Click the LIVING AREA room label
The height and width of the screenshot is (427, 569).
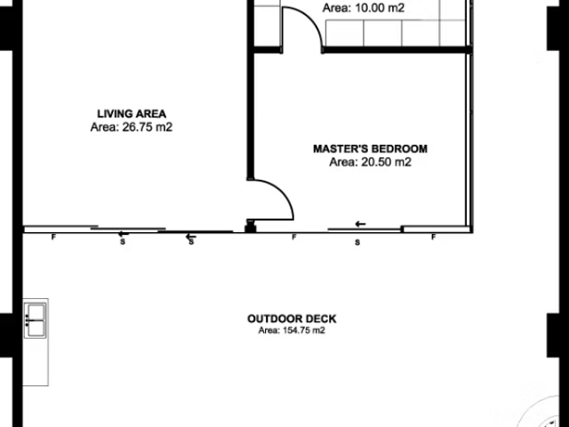point(132,114)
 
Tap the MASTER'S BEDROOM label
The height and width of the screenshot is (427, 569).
point(370,149)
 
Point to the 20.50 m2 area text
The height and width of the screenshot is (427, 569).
point(386,162)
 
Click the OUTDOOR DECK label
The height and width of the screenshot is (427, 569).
point(292,318)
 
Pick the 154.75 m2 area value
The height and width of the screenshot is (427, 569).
point(304,330)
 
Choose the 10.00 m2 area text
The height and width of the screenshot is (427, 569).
point(380,8)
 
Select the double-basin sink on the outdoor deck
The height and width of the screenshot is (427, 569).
point(36,320)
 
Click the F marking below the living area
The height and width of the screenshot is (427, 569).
point(53,238)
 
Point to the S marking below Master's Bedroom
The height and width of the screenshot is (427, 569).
point(357,242)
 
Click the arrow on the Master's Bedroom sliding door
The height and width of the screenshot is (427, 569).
point(360,224)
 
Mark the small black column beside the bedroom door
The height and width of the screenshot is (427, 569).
point(251,229)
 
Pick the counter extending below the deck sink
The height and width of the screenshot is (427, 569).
point(36,362)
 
